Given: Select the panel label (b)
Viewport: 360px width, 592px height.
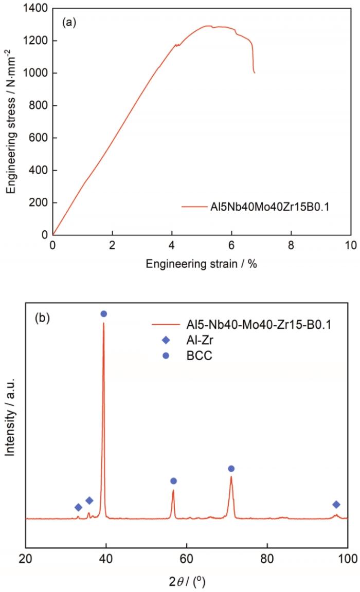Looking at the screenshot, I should (42, 318).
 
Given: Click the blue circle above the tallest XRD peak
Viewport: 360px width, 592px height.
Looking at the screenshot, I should (103, 313).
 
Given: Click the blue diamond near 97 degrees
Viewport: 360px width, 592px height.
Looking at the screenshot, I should (336, 505).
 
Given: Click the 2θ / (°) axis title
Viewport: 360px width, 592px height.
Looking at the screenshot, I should (186, 582).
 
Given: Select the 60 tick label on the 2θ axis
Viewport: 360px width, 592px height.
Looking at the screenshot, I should (187, 559).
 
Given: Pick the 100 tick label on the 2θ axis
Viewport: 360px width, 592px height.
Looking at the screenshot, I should (347, 559).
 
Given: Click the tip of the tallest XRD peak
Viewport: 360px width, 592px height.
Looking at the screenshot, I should (103, 323).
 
